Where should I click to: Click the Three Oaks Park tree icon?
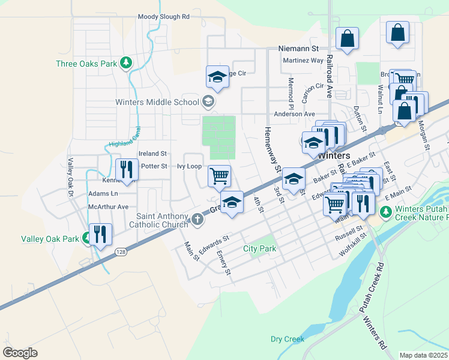(x=125, y=62)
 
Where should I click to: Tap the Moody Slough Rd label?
(x=163, y=17)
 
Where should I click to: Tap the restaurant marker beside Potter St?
(x=126, y=169)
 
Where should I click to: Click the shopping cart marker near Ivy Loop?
(x=219, y=176)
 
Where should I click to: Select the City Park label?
(x=259, y=248)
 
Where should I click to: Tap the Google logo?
(x=20, y=352)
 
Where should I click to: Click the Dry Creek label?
(x=288, y=339)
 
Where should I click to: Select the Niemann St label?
(x=298, y=47)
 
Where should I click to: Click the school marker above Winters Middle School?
(x=217, y=77)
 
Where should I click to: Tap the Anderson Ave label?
(x=294, y=114)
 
